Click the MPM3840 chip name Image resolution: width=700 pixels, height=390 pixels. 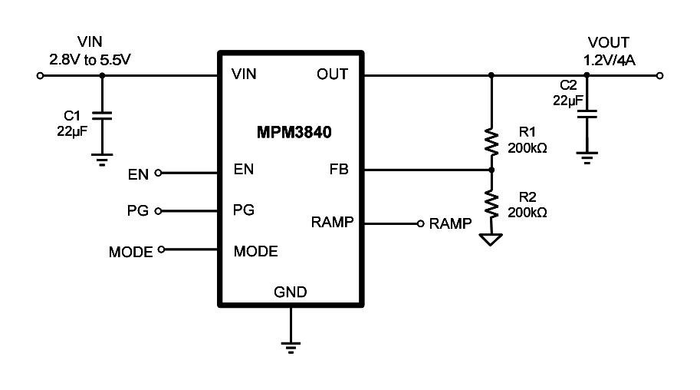point(294,132)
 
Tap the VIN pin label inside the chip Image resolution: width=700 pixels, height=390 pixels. point(244,74)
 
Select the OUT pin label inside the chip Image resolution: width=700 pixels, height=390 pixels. point(331,74)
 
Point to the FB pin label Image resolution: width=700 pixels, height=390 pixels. point(338,170)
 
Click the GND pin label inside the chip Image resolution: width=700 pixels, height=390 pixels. point(290,292)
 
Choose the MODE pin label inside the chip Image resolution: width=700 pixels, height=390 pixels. point(255,251)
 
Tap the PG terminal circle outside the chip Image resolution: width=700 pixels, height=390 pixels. point(159,210)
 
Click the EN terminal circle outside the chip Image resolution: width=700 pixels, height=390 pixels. point(158,173)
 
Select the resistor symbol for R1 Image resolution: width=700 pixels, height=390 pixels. point(491,142)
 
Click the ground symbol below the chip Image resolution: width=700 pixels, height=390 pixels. point(290,345)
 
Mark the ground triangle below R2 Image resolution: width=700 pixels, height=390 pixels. point(491,239)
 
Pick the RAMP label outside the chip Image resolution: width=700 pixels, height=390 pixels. point(451,224)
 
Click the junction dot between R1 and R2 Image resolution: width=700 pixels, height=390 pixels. point(491,170)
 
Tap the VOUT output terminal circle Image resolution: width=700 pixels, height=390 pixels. point(660,76)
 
